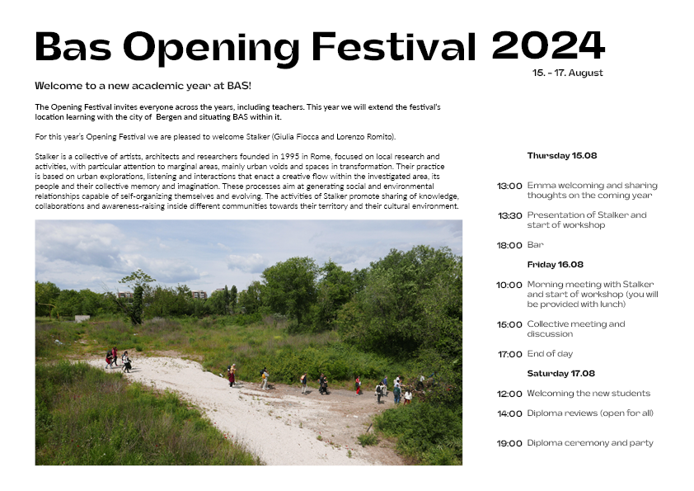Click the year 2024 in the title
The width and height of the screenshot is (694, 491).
click(547, 45)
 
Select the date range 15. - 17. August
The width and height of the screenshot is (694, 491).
click(567, 73)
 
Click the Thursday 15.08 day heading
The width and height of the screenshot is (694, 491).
click(561, 155)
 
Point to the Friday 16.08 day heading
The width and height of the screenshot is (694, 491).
click(555, 265)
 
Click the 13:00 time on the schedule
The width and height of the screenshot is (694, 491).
click(509, 186)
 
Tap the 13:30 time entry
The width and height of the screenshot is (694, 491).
click(509, 216)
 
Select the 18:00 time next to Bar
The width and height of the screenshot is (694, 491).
click(509, 245)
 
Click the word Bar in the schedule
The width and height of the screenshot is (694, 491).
click(535, 245)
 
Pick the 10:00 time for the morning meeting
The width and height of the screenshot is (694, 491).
click(509, 286)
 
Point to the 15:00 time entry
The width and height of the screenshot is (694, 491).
click(509, 325)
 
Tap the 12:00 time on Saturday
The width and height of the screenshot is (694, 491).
click(509, 394)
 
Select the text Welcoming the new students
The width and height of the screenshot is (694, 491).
click(588, 394)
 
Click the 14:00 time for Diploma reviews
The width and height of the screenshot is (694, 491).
click(509, 413)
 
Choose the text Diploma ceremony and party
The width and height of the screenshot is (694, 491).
click(590, 443)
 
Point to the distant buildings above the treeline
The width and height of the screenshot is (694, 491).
click(198, 294)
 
